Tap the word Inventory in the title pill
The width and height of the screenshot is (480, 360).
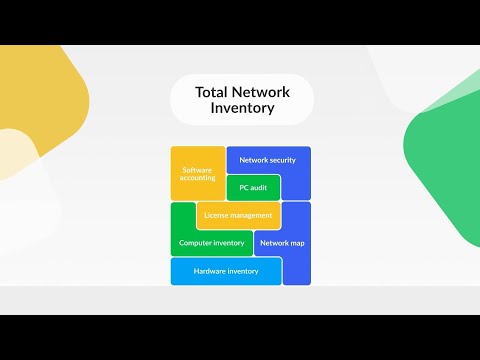pos(241,108)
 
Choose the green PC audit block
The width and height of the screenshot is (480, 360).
pos(253,187)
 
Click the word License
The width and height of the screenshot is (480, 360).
pos(217,215)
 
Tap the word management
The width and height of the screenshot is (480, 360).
pos(252,215)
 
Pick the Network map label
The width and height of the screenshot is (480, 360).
pos(281,243)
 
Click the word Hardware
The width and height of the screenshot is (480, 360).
pos(210,271)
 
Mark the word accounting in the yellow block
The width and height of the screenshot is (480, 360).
pos(198,181)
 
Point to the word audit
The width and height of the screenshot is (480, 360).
pos(259,187)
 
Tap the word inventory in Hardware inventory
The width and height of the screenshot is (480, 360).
pos(243,271)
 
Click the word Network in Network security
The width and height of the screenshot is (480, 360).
pos(255,159)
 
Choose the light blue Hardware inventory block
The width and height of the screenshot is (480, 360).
pos(226,271)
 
